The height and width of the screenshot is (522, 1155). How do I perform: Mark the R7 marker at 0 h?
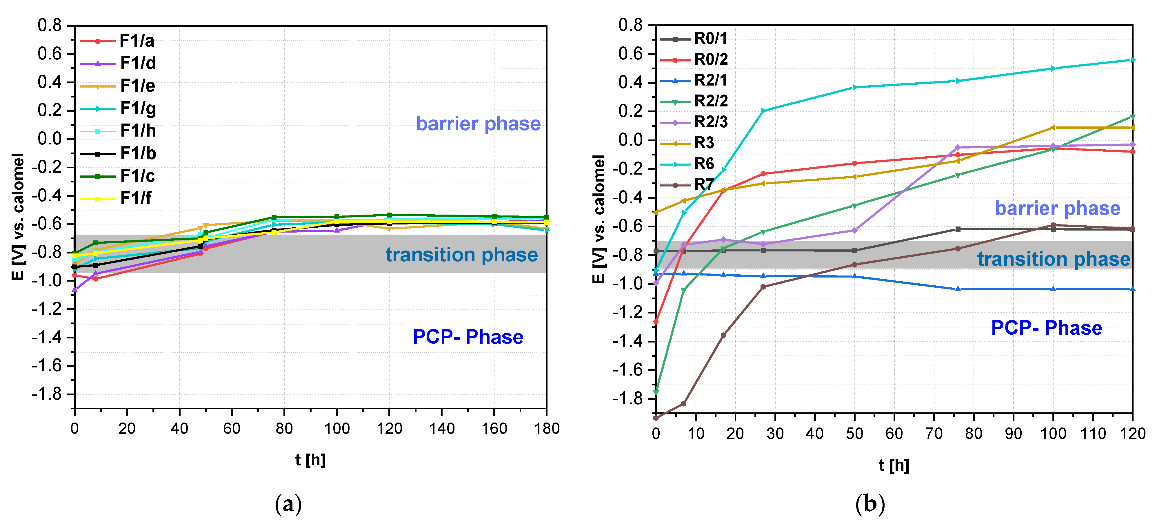coord(656,418)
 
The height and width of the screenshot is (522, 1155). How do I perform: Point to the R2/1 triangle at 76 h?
coord(958,289)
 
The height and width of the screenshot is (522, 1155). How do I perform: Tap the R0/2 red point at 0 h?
coord(656,322)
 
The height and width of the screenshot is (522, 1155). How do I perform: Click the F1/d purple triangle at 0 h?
coord(75,290)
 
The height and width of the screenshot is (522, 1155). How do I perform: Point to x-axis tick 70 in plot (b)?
coord(934,434)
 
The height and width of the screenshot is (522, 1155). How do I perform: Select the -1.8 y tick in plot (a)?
coord(46,394)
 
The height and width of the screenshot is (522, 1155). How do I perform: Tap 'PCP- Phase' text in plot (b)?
coord(1046,327)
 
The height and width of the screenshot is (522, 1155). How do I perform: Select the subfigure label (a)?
coord(288,504)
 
